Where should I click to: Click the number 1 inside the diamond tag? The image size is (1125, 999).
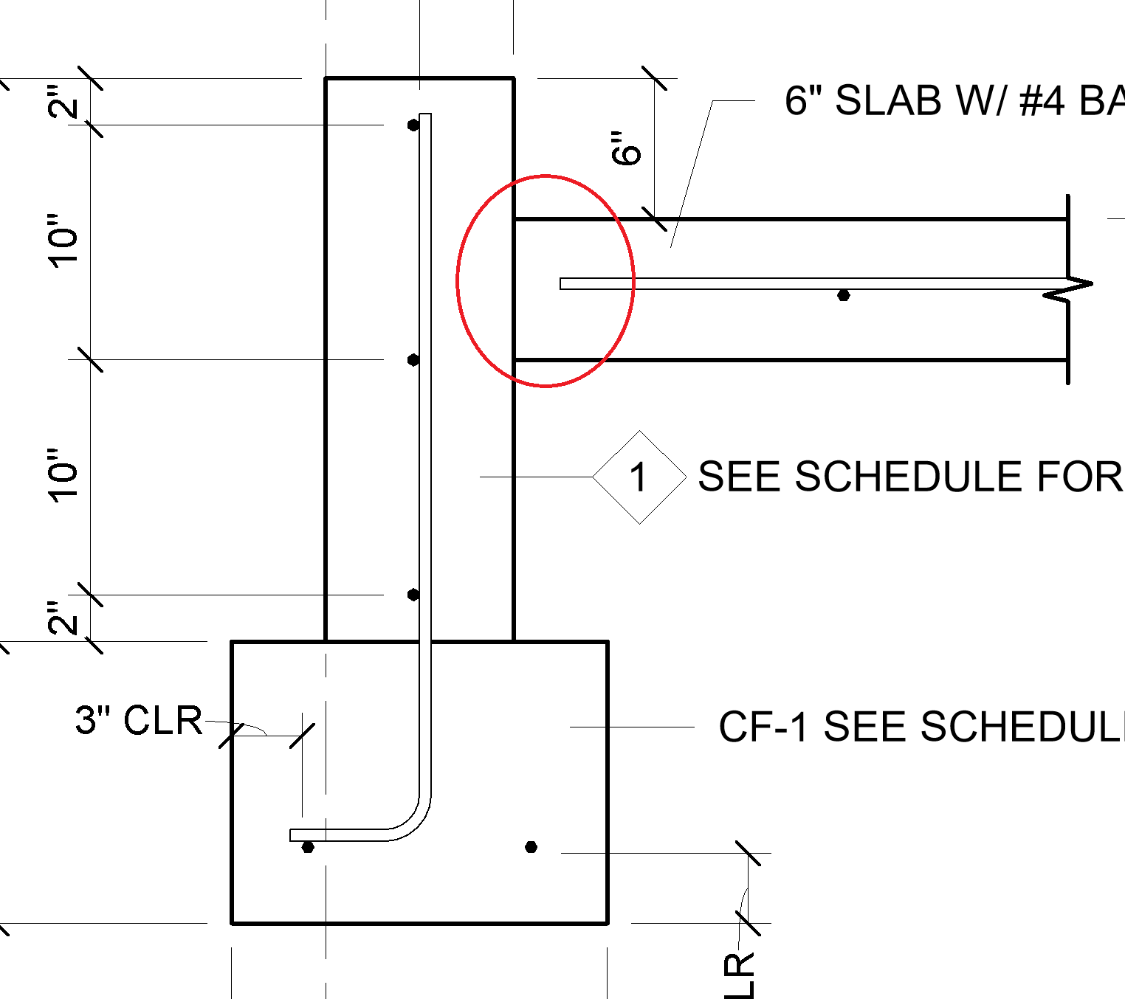[639, 477]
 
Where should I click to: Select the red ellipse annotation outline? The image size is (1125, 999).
[458, 280]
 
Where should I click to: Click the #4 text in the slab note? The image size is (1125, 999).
[1042, 100]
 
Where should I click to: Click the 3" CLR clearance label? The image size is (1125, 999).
[139, 720]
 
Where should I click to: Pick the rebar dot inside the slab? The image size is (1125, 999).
[843, 296]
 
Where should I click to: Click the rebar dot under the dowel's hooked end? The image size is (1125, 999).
[308, 847]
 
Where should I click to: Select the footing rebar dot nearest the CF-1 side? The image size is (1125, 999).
[531, 847]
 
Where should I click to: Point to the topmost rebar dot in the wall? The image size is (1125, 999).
[413, 125]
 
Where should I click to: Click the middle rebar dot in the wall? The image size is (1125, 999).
[413, 360]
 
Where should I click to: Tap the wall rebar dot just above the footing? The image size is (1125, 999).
[413, 595]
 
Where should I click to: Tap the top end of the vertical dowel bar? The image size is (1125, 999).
[425, 117]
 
